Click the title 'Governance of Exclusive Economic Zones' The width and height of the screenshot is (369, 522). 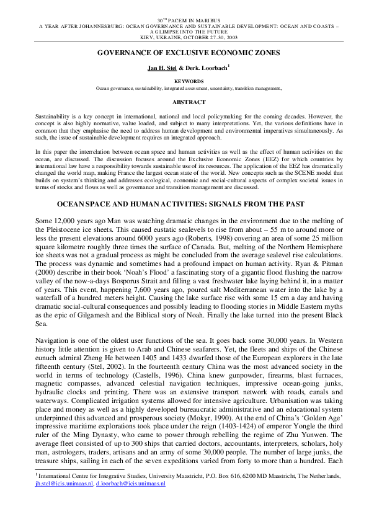184,53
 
